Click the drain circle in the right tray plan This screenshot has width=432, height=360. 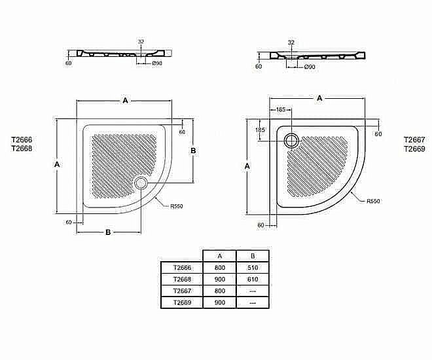(292, 139)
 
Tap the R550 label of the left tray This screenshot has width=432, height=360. (176, 206)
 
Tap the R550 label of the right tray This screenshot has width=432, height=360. (373, 201)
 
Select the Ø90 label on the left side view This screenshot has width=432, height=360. (157, 63)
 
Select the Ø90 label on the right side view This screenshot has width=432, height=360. (310, 67)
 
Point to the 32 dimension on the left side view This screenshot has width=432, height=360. (140, 41)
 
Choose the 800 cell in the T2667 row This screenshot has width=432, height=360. (220, 291)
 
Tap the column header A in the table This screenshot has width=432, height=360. (220, 255)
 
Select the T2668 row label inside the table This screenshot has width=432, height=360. (182, 279)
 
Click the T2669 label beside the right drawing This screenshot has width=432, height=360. (414, 149)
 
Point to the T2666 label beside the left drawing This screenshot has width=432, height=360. (22, 139)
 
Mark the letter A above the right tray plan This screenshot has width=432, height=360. (319, 98)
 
